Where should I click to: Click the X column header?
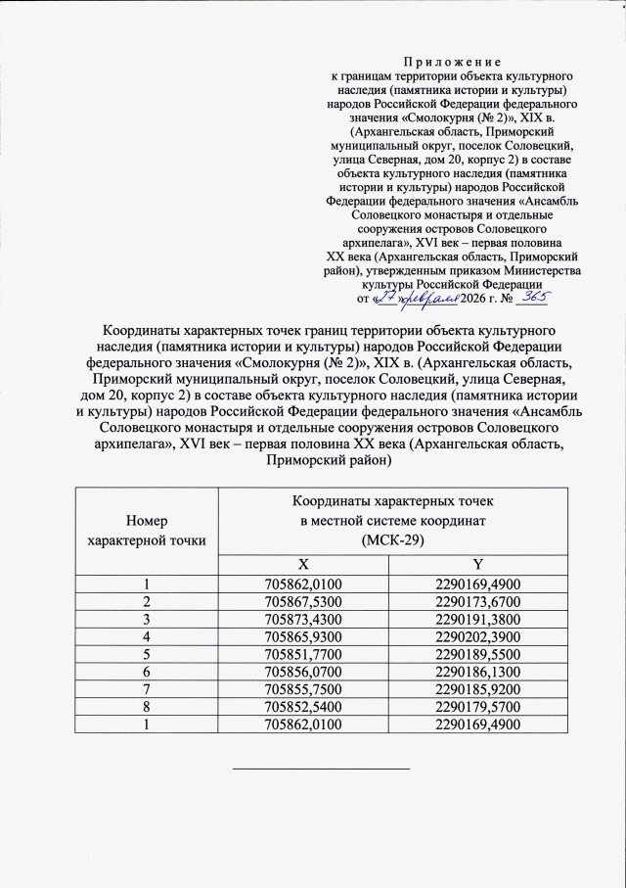coord(303,565)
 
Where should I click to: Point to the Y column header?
coord(477,565)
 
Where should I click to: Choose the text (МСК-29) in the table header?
coord(391,540)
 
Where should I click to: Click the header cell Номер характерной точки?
coord(147,530)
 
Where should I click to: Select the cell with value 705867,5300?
coord(303,600)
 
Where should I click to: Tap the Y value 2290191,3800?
coord(477,618)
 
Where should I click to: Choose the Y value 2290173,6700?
coord(477,600)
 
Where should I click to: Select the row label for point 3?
coord(147,618)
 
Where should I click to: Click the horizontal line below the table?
coord(320,769)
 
